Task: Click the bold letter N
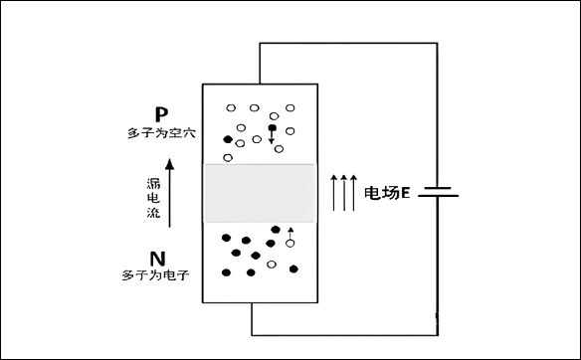pos(157,259)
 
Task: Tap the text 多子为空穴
pos(156,132)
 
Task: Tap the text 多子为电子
pos(155,273)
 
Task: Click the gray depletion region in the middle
pos(259,193)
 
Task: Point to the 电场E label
pos(387,192)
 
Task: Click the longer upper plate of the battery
pos(438,184)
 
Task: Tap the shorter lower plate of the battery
pos(438,197)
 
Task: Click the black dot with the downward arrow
pos(272,128)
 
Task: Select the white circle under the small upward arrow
pos(290,243)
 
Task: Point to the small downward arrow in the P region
pos(272,139)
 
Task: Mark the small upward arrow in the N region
pos(290,233)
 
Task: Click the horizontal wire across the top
pos(348,43)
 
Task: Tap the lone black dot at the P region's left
pos(228,139)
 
